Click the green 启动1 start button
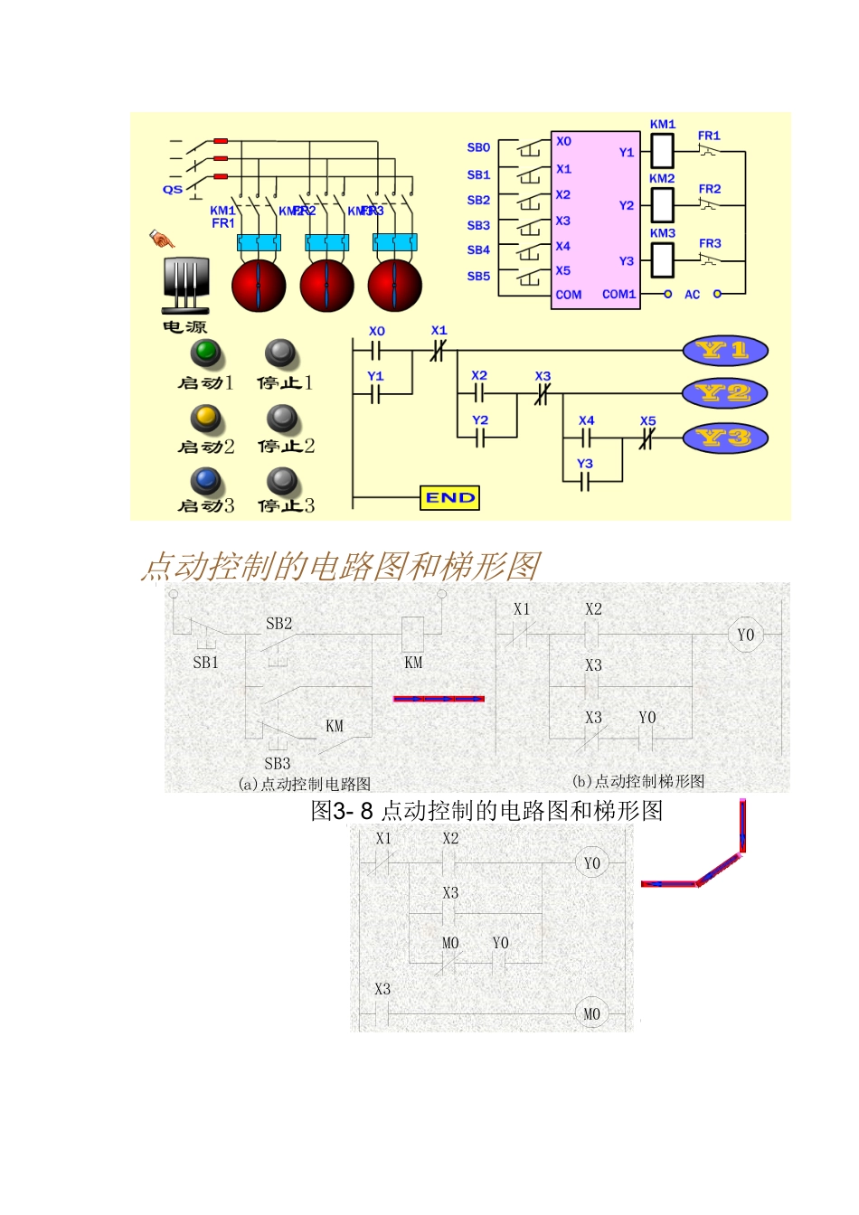click(207, 352)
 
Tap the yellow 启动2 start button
click(207, 417)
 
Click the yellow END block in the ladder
click(449, 498)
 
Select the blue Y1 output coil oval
click(725, 351)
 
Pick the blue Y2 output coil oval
click(725, 393)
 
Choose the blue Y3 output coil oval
click(725, 438)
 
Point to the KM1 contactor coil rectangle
click(663, 150)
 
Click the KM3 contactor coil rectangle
click(663, 260)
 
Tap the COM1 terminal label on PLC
click(619, 295)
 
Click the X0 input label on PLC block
click(564, 142)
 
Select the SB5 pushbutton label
click(478, 277)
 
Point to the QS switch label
click(172, 190)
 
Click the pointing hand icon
click(162, 240)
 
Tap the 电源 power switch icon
click(186, 286)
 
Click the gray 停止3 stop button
click(283, 480)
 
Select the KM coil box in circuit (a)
click(412, 630)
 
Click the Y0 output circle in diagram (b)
click(745, 635)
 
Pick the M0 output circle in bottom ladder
click(591, 1013)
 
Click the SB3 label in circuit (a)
click(278, 764)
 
